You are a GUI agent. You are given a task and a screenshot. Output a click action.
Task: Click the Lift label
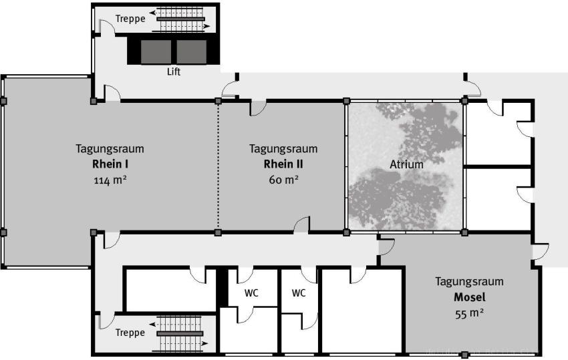174,71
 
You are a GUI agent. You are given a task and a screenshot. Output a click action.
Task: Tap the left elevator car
156,52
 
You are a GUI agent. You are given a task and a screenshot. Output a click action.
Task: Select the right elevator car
192,52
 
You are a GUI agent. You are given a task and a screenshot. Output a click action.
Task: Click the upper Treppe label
130,19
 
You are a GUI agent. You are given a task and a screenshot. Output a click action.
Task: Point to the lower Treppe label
130,333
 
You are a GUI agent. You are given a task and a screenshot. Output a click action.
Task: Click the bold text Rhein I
110,164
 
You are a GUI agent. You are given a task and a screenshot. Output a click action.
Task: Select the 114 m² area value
110,180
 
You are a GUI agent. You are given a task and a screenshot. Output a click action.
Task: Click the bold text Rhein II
283,164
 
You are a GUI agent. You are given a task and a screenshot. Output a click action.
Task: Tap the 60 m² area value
283,180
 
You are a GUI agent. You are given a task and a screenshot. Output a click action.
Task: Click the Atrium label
406,164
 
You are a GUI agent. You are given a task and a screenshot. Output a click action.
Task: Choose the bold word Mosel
470,297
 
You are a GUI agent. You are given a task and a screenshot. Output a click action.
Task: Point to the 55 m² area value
470,313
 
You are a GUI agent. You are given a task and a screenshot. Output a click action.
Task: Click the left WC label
251,293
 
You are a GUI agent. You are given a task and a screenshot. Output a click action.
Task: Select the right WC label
299,293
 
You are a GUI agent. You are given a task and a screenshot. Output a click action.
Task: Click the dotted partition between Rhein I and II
218,167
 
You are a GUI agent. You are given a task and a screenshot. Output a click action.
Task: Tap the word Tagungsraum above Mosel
470,281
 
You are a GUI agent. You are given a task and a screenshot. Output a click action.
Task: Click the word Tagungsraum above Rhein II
283,149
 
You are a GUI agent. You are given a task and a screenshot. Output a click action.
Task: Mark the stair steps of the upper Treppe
180,19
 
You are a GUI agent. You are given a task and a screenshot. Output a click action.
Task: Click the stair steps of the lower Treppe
180,333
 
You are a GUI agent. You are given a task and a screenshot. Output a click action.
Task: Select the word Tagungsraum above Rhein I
110,149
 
